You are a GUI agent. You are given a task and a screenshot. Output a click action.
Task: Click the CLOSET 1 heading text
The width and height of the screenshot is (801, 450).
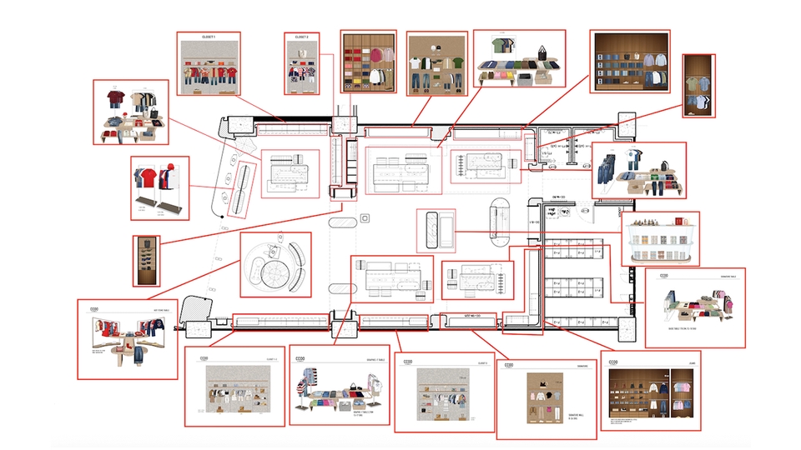(x=209, y=38)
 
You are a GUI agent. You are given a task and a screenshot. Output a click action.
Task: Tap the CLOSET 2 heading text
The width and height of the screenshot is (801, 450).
(x=302, y=38)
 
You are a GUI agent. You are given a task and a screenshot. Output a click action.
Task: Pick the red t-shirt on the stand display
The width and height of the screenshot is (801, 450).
(x=144, y=177)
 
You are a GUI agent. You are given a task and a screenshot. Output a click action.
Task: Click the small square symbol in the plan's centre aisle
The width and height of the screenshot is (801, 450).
(x=364, y=219)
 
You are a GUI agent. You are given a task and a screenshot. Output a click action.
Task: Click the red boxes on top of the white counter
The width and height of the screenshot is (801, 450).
(x=678, y=222)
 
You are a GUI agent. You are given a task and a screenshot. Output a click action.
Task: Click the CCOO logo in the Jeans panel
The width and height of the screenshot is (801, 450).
(x=614, y=362)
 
